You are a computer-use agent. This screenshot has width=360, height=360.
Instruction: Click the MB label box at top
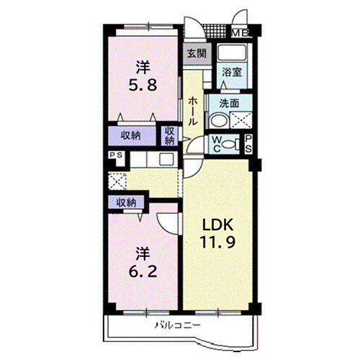pos(240,32)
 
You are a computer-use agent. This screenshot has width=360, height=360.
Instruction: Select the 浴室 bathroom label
pos(231,72)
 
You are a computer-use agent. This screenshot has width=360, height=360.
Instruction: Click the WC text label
pos(215,143)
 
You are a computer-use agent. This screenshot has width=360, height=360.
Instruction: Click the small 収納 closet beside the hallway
pos(169,135)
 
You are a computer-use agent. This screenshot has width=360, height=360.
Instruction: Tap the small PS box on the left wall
pos(114,155)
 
